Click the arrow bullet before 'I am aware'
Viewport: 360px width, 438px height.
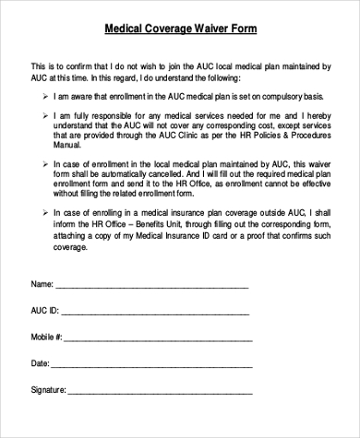click(x=45, y=95)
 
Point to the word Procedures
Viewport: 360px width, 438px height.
click(x=299, y=135)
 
